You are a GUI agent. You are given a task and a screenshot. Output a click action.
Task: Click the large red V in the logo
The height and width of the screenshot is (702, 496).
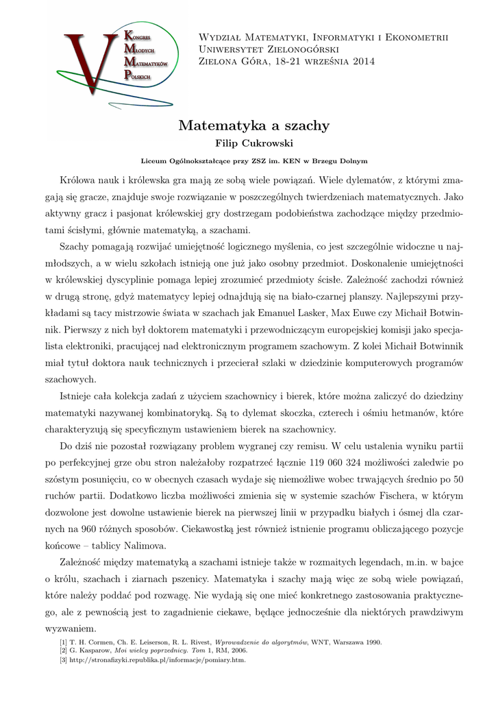(86, 65)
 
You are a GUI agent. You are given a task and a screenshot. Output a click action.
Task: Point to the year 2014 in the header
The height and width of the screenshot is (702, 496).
(362, 62)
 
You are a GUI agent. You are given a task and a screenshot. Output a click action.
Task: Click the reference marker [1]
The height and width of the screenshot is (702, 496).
(64, 642)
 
